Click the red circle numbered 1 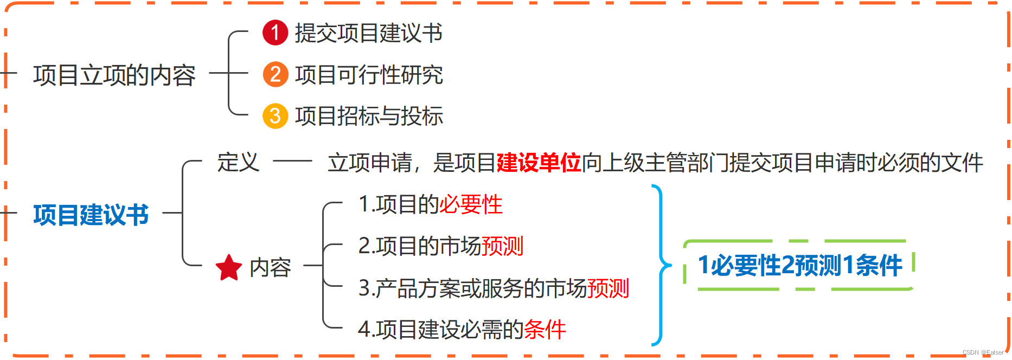[275, 33]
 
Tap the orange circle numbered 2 [275, 74]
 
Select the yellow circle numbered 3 [275, 116]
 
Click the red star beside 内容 [229, 268]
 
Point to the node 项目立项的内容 [114, 75]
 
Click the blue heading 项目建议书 [91, 215]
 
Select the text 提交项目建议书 [369, 33]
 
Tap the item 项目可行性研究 [369, 75]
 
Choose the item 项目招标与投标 [369, 116]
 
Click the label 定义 [238, 162]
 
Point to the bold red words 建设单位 [539, 163]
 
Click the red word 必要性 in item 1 [471, 204]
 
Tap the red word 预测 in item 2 [502, 246]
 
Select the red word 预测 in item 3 [608, 288]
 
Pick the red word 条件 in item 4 [545, 329]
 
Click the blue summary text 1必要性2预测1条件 [800, 266]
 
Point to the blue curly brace [661, 265]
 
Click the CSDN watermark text [983, 352]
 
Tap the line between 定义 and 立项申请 [292, 161]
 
